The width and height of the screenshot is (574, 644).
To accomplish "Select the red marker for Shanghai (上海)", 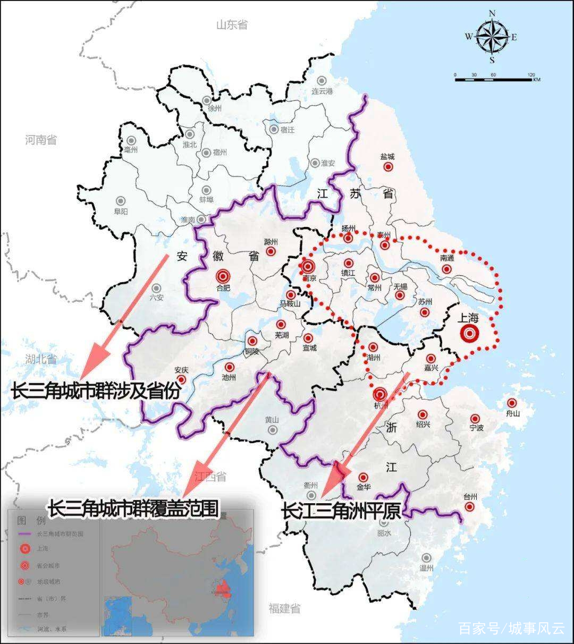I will click(469, 334).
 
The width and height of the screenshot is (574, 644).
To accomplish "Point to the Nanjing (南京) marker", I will click(308, 267).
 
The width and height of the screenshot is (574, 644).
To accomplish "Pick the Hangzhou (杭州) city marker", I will click(380, 394).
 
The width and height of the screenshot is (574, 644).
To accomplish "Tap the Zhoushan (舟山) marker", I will click(511, 403).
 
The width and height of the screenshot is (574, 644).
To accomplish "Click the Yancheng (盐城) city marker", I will click(388, 167).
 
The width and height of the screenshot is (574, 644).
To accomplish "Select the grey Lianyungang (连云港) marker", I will click(321, 81).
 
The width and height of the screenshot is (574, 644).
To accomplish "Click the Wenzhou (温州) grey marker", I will click(426, 557).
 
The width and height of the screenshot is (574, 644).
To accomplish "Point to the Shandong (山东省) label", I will click(232, 24).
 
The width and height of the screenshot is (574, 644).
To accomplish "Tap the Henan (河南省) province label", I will click(40, 140).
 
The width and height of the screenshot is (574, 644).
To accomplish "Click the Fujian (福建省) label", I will click(284, 608).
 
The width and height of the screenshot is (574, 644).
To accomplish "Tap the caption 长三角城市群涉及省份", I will click(96, 392).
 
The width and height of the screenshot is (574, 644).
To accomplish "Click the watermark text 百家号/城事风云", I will click(511, 629).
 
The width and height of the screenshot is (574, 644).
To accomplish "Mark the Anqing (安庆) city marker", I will click(182, 380).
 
